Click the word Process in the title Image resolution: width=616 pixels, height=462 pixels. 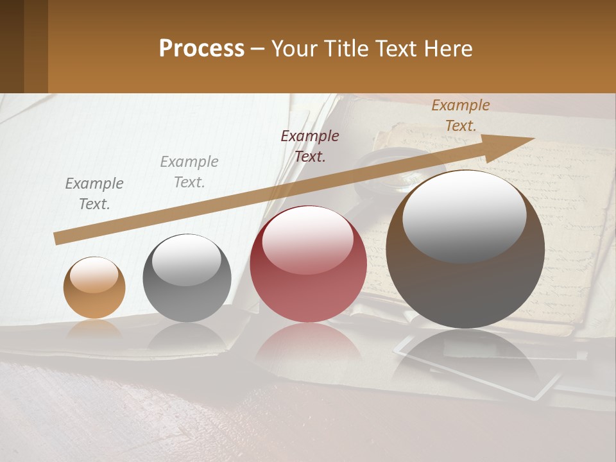[x=201, y=49]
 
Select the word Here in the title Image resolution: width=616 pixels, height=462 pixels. [x=449, y=49]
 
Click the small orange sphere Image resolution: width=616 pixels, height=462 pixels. [x=94, y=288]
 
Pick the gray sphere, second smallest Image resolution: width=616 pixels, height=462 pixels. [x=187, y=278]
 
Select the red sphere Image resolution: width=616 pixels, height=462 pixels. [x=308, y=264]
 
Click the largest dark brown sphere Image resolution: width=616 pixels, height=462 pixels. [x=465, y=250]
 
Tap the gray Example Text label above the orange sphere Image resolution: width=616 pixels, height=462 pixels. [x=94, y=194]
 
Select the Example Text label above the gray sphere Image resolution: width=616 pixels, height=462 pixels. [x=189, y=172]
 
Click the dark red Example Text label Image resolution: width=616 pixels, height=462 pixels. [x=310, y=146]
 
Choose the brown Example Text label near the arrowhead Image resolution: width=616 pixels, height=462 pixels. [x=461, y=116]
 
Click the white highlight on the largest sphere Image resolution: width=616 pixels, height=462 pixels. [x=464, y=216]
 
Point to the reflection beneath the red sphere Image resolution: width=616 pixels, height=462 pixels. [x=308, y=346]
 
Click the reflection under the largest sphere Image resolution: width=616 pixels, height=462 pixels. [x=465, y=359]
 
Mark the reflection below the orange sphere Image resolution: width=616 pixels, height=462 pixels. [x=94, y=329]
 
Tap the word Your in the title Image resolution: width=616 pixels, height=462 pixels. [x=294, y=49]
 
